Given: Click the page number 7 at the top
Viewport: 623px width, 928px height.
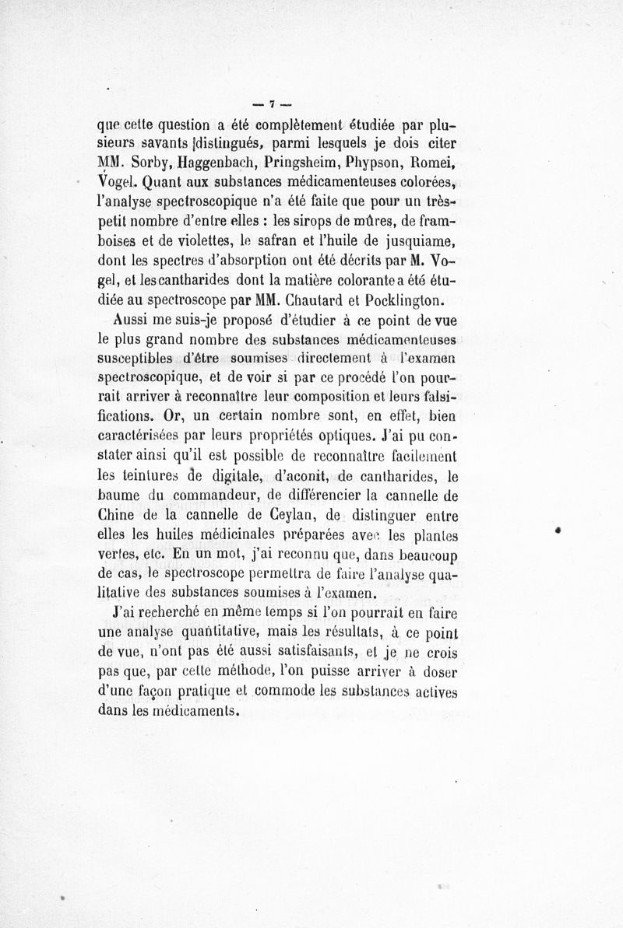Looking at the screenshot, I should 272,103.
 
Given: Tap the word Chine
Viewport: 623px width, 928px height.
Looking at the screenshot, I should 114,517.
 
